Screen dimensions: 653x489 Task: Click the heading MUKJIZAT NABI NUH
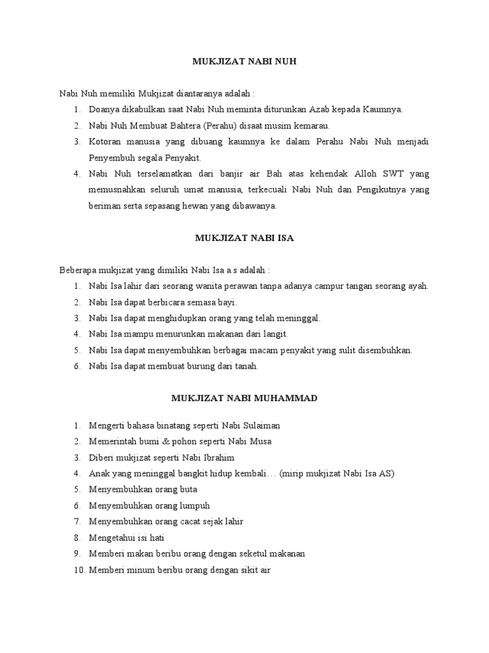click(x=244, y=62)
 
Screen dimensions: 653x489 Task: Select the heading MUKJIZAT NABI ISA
click(x=244, y=238)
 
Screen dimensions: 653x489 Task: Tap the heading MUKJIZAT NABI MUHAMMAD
click(x=244, y=398)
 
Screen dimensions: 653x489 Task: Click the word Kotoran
click(x=106, y=141)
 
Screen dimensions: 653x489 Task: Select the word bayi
click(x=227, y=302)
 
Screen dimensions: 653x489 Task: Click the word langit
click(x=274, y=334)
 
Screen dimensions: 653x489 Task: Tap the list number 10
click(x=79, y=569)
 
